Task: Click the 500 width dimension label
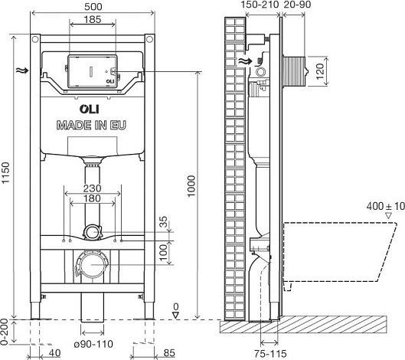click(x=93, y=7)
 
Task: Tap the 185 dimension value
click(x=93, y=19)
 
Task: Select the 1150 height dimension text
click(x=5, y=172)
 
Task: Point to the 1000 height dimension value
click(x=191, y=186)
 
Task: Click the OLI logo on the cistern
click(x=89, y=109)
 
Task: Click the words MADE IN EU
click(x=91, y=125)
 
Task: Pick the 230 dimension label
click(x=92, y=188)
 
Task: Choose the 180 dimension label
click(x=92, y=198)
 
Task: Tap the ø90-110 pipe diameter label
click(x=93, y=344)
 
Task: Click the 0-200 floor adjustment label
click(x=5, y=332)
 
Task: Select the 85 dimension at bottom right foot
click(x=169, y=353)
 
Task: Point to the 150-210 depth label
click(x=260, y=5)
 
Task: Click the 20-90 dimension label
click(x=297, y=5)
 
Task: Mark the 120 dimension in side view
click(x=320, y=71)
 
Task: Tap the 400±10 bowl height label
click(x=385, y=206)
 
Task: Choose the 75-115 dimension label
click(x=270, y=354)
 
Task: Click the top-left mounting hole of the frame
click(x=35, y=39)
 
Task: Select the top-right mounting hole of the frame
click(x=149, y=39)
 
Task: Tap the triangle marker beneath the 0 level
click(x=176, y=315)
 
